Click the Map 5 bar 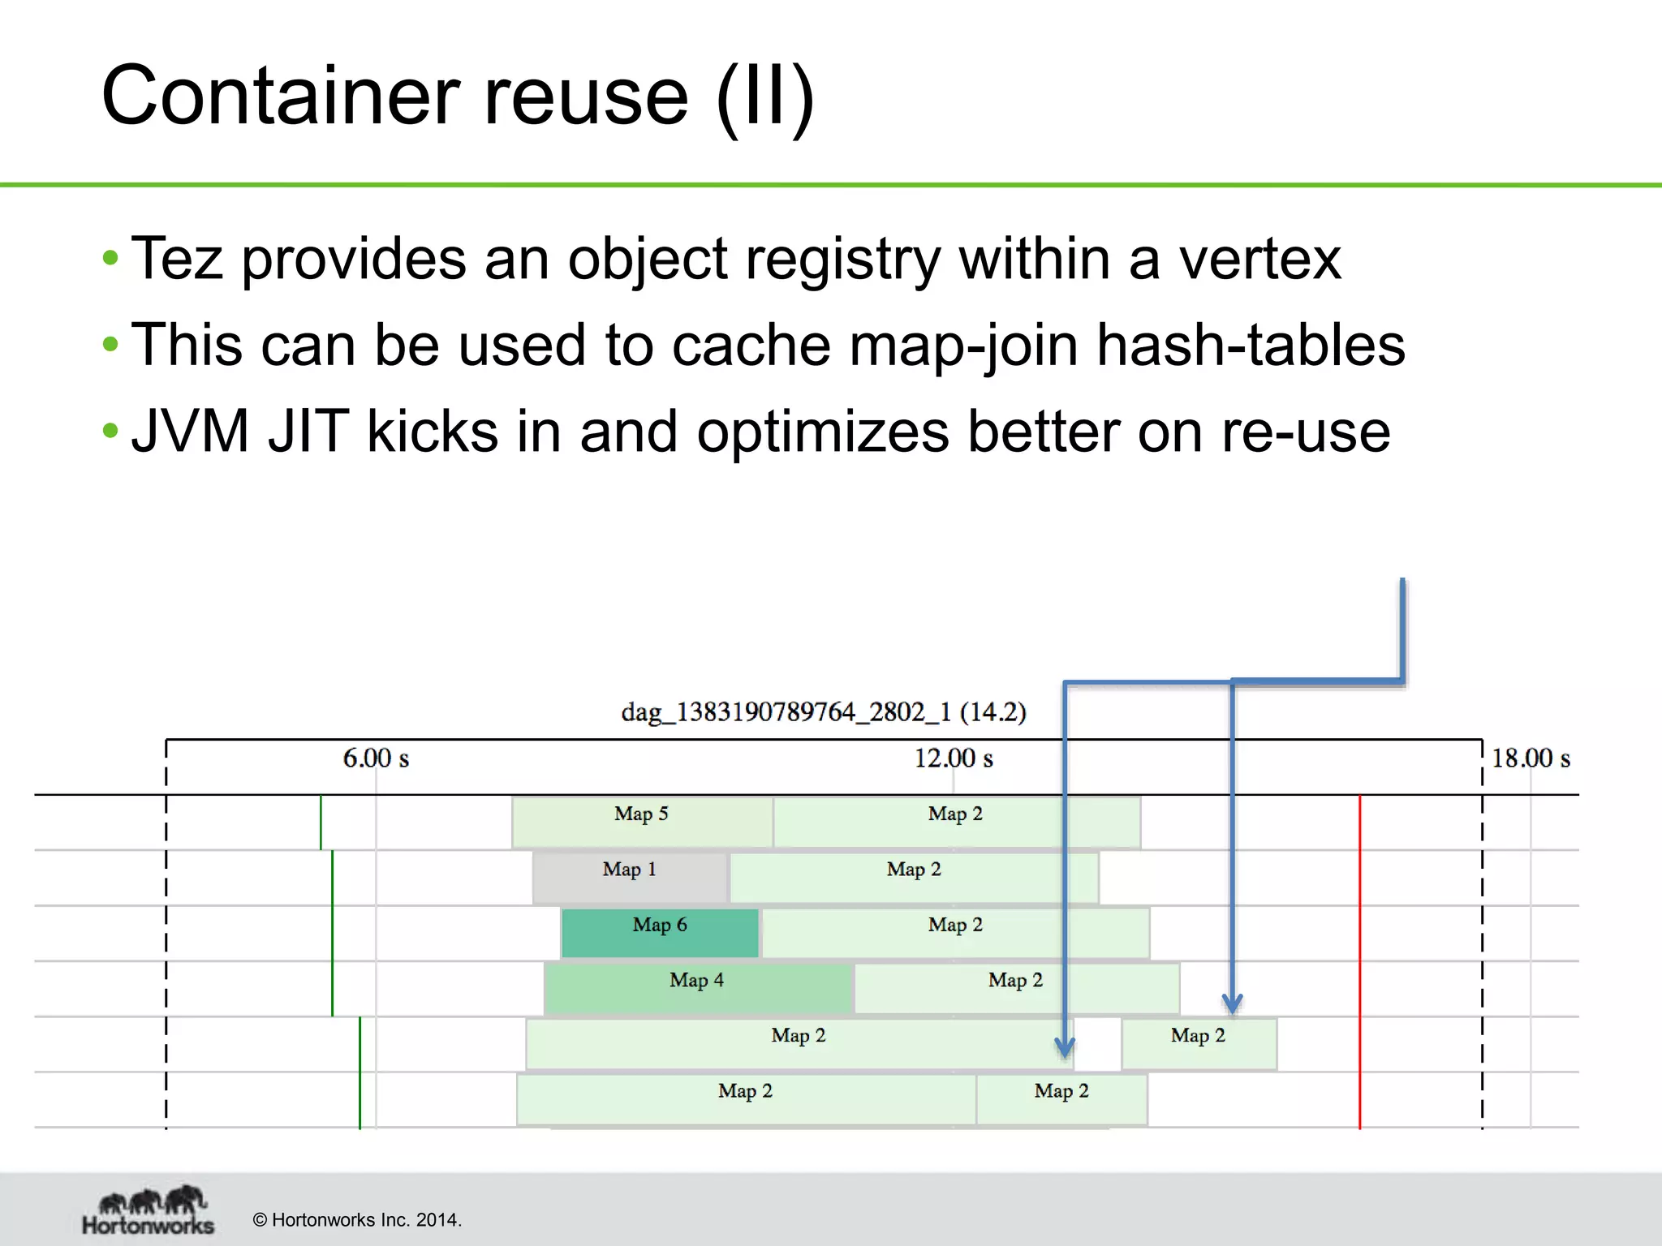click(x=641, y=823)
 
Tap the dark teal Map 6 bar click(x=659, y=933)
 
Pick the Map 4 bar click(x=696, y=988)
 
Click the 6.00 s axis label click(x=376, y=758)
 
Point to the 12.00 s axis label click(x=954, y=758)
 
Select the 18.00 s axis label click(x=1531, y=758)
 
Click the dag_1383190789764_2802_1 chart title click(x=823, y=712)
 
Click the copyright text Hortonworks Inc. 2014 click(x=357, y=1220)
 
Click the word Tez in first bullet click(x=177, y=259)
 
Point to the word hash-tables click(x=1250, y=345)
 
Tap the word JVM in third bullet click(x=190, y=431)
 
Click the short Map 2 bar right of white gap click(x=1198, y=1044)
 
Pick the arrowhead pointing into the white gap click(x=1066, y=1047)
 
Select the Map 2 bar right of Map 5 click(x=956, y=823)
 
